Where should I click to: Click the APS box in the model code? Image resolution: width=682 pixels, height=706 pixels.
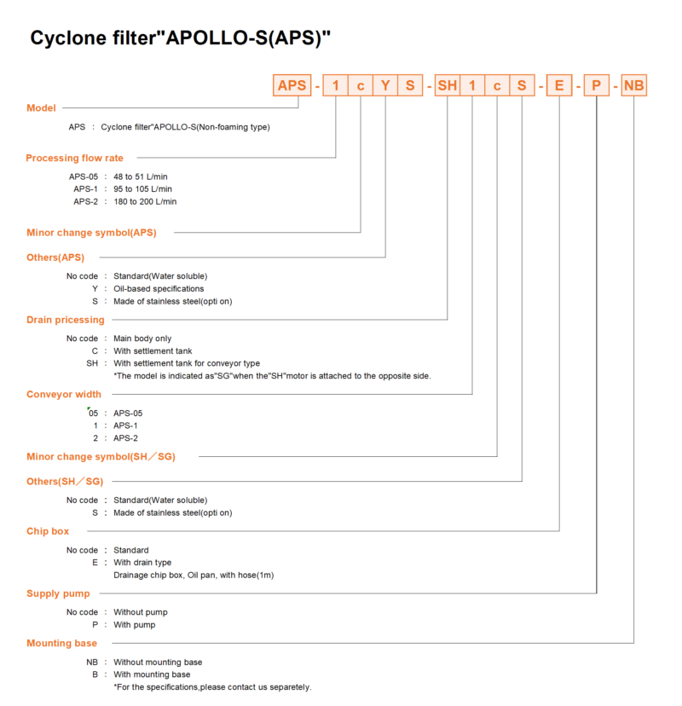(x=292, y=85)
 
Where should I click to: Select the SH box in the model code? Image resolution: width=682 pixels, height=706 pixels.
(x=447, y=85)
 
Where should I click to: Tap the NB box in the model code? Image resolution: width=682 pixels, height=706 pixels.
(x=633, y=85)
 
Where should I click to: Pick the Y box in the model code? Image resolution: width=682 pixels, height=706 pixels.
(x=385, y=85)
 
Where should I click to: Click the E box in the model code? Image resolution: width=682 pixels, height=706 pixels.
(x=559, y=85)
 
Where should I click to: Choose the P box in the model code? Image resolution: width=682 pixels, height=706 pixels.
(x=597, y=85)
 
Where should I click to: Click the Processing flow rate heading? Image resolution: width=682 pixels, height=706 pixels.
(x=74, y=158)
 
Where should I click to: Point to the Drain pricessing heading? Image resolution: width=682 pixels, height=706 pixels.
(x=66, y=320)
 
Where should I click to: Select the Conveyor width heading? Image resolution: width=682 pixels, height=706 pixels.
(x=64, y=395)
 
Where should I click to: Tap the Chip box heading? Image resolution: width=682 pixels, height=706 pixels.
(x=48, y=531)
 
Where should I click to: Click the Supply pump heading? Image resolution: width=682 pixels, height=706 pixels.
(x=58, y=593)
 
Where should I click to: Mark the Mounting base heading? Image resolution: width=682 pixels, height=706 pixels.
(x=61, y=643)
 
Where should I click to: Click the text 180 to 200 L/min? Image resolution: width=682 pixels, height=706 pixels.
(x=145, y=202)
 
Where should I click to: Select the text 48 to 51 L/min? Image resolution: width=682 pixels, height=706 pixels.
(x=141, y=176)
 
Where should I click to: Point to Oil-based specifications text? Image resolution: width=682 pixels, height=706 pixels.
(x=159, y=288)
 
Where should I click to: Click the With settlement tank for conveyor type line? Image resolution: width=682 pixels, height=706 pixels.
(x=187, y=363)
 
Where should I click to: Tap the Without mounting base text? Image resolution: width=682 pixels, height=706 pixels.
(x=158, y=662)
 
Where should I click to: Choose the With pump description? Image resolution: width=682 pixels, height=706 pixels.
(x=134, y=624)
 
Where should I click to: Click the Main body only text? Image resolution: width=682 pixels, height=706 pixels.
(x=142, y=339)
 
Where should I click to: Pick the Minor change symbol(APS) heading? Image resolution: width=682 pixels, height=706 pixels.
(x=91, y=233)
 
